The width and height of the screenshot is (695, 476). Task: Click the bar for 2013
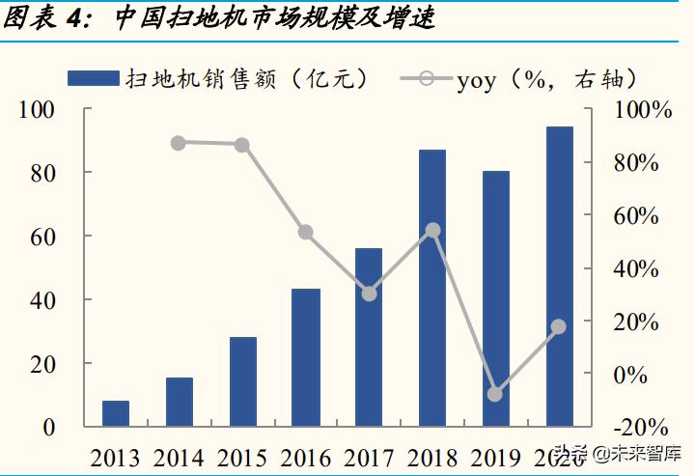(x=116, y=413)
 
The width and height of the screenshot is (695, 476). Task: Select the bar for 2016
(x=306, y=357)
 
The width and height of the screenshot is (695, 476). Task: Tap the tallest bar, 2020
(x=559, y=277)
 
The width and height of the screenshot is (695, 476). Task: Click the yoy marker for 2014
(x=179, y=143)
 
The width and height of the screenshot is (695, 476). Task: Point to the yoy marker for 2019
(x=495, y=394)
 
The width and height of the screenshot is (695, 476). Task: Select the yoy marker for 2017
(x=369, y=293)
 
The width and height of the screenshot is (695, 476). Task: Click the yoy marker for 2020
(x=558, y=327)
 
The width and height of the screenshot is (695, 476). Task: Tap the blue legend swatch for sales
(x=92, y=78)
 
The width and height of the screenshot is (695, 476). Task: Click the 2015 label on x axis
(x=242, y=457)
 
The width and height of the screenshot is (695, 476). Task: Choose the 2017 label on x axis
(x=369, y=457)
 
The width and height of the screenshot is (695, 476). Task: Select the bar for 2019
(x=495, y=298)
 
